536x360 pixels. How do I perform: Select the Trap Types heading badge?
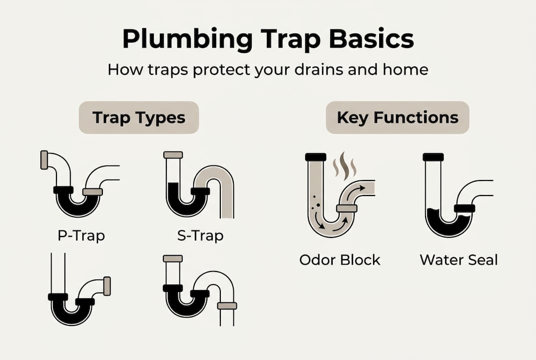(139, 117)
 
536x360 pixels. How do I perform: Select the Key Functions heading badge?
(397, 117)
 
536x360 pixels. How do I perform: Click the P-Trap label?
(81, 235)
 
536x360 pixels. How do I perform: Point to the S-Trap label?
(200, 235)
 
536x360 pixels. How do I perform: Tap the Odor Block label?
(340, 260)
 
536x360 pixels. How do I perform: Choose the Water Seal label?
(459, 260)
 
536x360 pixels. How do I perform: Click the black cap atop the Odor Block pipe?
(315, 157)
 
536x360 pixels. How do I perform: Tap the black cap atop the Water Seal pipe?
(433, 157)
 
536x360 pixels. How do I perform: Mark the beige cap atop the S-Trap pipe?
(173, 155)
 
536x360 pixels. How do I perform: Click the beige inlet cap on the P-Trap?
(44, 160)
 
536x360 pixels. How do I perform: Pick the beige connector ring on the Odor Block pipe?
(346, 208)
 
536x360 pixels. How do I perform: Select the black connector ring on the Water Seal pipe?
(464, 208)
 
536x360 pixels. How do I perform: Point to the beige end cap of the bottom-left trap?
(106, 286)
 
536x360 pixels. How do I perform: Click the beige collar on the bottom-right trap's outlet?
(227, 305)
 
